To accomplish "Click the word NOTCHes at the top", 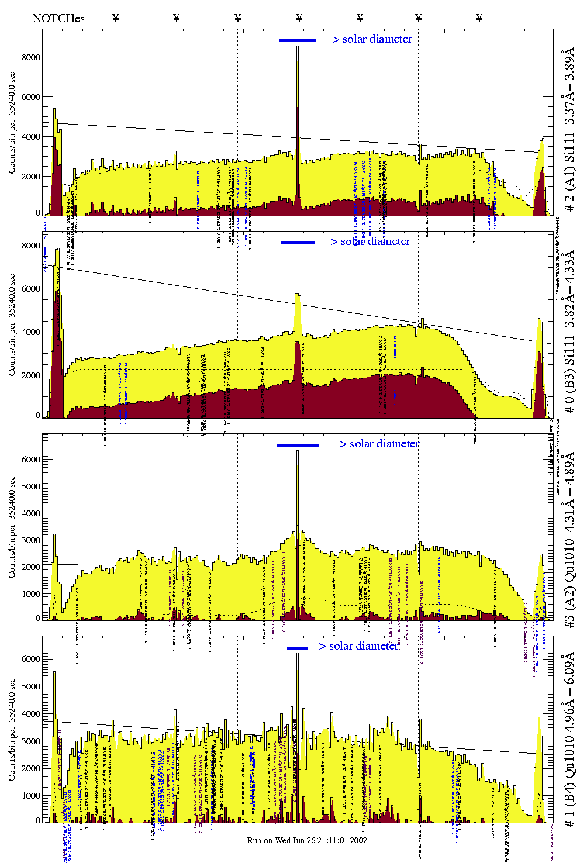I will pyautogui.click(x=58, y=18).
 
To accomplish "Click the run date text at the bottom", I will pyautogui.click(x=307, y=840).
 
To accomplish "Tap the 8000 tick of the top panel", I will pyautogui.click(x=31, y=57).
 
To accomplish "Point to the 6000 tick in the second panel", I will pyautogui.click(x=31, y=289).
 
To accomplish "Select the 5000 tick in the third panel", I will pyautogui.click(x=31, y=486).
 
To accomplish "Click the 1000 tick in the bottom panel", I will pyautogui.click(x=31, y=796).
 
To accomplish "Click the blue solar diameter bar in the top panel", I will pyautogui.click(x=297, y=40).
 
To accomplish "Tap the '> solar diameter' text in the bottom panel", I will pyautogui.click(x=358, y=646).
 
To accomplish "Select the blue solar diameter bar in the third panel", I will pyautogui.click(x=298, y=445).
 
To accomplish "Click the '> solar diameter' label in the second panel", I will pyautogui.click(x=370, y=241).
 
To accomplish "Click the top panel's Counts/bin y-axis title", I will pyautogui.click(x=12, y=123).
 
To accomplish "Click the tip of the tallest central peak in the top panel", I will pyautogui.click(x=298, y=46).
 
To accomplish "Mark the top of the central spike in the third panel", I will pyautogui.click(x=298, y=450).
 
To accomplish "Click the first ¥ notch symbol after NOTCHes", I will pyautogui.click(x=115, y=18).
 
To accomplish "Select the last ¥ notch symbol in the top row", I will pyautogui.click(x=479, y=18).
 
